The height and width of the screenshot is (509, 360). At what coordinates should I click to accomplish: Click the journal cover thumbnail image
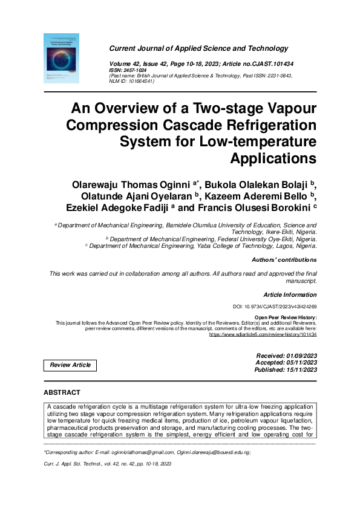coord(62,57)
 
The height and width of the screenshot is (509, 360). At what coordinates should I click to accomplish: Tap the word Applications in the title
coord(273,159)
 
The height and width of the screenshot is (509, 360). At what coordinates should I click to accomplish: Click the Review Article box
coord(70,365)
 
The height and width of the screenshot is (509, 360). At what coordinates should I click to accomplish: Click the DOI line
coord(275,307)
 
